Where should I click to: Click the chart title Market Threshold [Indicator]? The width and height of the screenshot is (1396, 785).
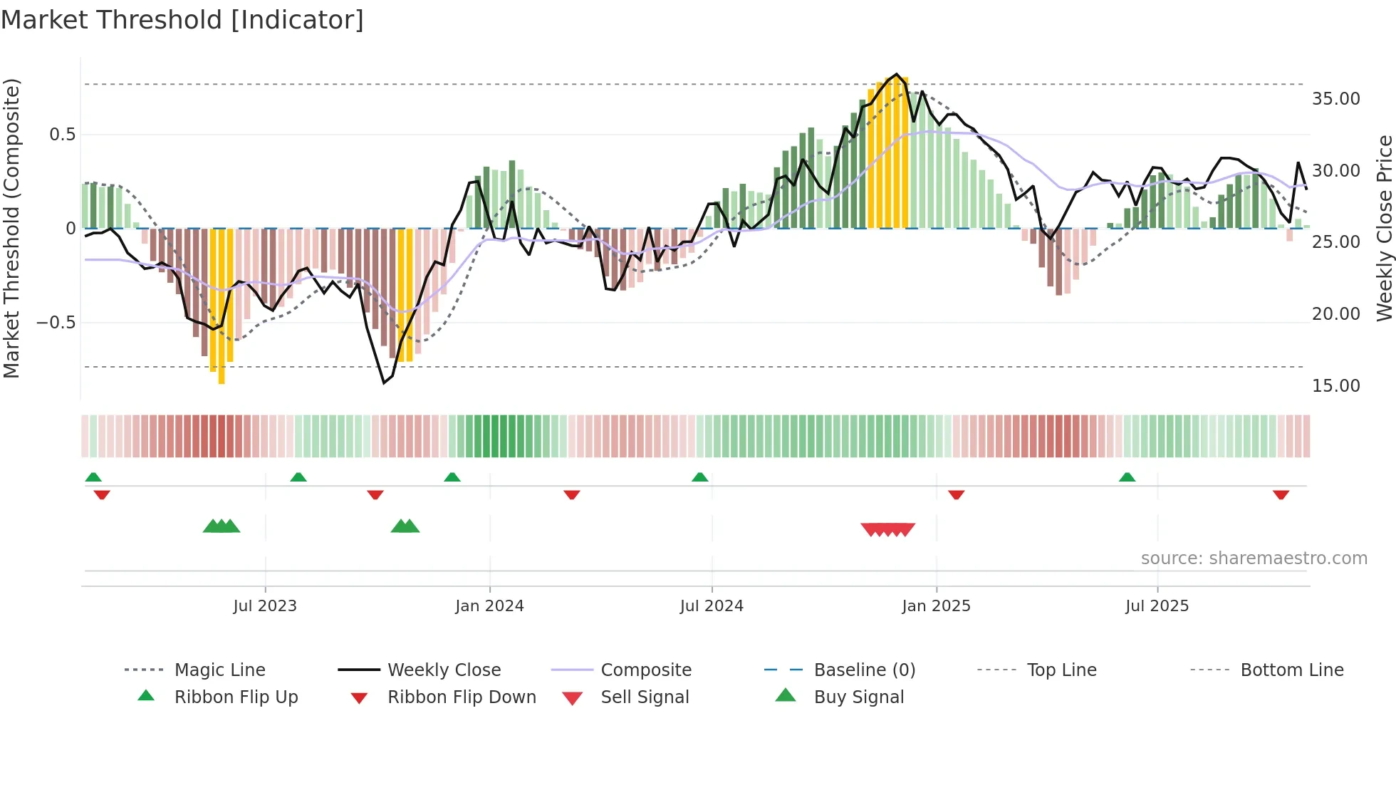click(182, 20)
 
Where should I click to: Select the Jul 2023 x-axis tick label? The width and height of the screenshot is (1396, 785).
click(265, 606)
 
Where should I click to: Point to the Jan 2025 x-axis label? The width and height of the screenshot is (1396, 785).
click(936, 606)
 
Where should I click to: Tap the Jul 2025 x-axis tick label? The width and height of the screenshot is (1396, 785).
click(1157, 606)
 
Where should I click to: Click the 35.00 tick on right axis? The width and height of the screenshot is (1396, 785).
click(1335, 99)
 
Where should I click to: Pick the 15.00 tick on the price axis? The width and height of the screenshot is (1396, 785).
click(1335, 386)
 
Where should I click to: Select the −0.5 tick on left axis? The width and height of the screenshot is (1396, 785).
click(56, 323)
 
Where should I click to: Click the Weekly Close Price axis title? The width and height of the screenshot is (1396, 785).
click(1383, 228)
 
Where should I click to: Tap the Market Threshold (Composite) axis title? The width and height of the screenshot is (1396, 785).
click(11, 228)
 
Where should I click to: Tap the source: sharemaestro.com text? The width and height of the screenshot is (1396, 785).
click(1254, 558)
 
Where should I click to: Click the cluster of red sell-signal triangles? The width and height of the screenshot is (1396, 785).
click(887, 529)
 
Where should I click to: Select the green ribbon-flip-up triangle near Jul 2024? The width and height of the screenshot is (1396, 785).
click(700, 477)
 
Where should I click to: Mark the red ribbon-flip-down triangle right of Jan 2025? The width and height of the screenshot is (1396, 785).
click(957, 494)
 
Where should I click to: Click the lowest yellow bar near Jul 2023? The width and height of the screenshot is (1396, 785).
click(222, 306)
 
